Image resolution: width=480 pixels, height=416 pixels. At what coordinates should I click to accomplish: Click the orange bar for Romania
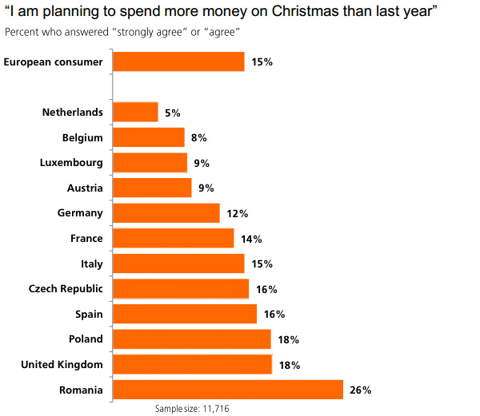[x=228, y=390]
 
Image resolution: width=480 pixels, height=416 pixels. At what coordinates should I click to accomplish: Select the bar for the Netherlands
[x=135, y=113]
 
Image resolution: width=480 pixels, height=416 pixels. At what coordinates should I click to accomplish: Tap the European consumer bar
[x=178, y=61]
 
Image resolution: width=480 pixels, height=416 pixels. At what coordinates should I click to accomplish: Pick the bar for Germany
[x=166, y=213]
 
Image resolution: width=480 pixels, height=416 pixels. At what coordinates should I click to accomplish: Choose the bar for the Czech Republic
[x=181, y=289]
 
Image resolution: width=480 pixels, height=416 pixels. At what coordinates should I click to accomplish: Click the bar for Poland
[x=192, y=339]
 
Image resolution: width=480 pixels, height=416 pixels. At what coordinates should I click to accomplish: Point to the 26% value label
[x=360, y=390]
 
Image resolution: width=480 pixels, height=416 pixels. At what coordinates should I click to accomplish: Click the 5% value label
[x=172, y=113]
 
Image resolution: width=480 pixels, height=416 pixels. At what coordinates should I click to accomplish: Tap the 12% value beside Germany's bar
[x=237, y=214]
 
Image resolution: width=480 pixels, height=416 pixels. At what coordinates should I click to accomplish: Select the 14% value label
[x=251, y=239]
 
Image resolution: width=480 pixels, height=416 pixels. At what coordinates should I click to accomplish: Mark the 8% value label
[x=199, y=138]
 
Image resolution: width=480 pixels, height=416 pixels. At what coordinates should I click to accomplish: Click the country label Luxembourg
[x=71, y=163]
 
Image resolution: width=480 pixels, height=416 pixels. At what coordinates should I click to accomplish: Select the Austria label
[x=85, y=188]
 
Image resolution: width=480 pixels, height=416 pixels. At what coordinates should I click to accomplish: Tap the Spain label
[x=88, y=314]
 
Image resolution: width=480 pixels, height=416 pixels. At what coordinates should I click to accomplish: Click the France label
[x=86, y=238]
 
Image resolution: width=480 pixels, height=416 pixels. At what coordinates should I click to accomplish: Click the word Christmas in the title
[x=300, y=13]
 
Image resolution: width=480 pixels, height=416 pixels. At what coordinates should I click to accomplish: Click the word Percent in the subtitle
[x=22, y=32]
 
